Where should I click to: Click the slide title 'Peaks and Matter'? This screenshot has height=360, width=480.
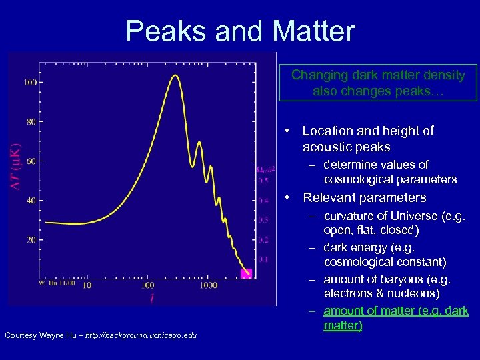(240, 31)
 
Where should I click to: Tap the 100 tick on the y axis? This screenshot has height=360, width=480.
(31, 83)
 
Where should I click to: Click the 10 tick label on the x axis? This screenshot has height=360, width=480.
(86, 285)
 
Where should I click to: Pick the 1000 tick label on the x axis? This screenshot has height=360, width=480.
(208, 285)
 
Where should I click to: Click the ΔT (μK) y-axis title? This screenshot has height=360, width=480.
(16, 167)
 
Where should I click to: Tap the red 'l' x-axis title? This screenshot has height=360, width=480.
(151, 299)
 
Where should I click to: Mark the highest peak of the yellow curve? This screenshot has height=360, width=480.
(175, 75)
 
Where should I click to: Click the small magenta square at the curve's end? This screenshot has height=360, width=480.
(245, 273)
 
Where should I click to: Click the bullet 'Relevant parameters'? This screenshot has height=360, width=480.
(364, 197)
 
